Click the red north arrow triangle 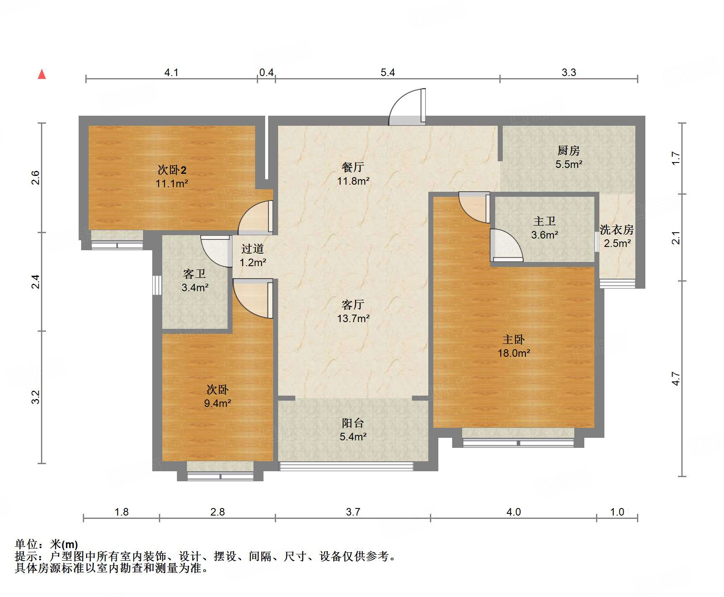(42, 74)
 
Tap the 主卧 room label (513, 339)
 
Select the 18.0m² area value (514, 353)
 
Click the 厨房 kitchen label (568, 150)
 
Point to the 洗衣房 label (617, 229)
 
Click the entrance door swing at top (407, 108)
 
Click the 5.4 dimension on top (387, 73)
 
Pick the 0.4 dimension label (266, 73)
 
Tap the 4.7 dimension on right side (676, 379)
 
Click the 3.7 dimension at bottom (353, 512)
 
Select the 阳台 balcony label (353, 423)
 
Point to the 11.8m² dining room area (353, 181)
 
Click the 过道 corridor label (253, 249)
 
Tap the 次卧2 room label (171, 170)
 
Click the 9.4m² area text (217, 403)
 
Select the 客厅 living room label (353, 305)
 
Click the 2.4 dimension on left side (36, 281)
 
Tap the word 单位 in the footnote (26, 544)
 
